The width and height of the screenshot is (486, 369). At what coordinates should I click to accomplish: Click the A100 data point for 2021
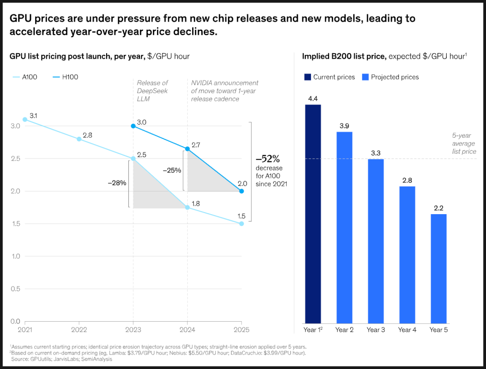[x=25, y=120]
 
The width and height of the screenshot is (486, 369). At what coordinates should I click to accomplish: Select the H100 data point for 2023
[x=133, y=126]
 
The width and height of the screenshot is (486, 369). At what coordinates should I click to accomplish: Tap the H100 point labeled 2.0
[x=241, y=191]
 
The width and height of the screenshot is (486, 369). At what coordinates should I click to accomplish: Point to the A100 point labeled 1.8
[x=188, y=207]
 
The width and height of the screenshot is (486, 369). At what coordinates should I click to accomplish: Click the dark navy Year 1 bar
[x=312, y=214]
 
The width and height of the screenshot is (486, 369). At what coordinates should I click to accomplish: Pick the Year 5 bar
[x=438, y=268]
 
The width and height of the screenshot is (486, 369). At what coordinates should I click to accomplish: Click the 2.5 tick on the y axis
[x=15, y=158]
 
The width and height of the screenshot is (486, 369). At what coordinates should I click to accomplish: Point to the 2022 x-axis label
[x=78, y=330]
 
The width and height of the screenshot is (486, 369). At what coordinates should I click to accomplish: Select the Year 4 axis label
[x=407, y=330]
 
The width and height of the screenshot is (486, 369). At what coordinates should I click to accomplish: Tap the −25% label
[x=172, y=170]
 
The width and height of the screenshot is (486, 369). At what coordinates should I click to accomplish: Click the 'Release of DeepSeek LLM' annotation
[x=152, y=90]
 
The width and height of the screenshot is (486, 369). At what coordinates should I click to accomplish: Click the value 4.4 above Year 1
[x=312, y=99]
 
